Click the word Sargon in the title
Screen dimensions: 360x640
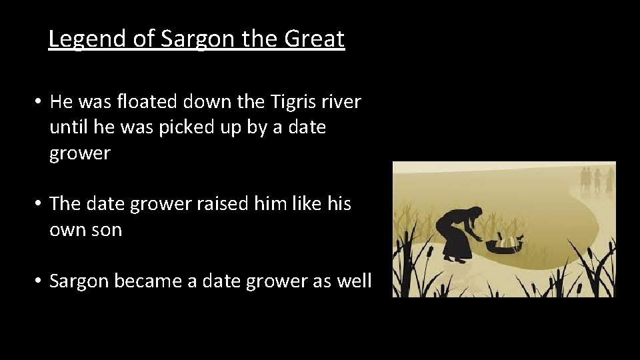coord(197,39)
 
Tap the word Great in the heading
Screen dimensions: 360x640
coord(314,39)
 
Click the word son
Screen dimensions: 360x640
coord(107,229)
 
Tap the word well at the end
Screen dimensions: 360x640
coord(354,281)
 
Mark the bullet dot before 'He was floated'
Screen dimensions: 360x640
coord(39,103)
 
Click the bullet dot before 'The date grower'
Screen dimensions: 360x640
coord(39,204)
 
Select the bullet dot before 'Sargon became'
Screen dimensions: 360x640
coord(39,281)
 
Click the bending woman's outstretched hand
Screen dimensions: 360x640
coord(481,239)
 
